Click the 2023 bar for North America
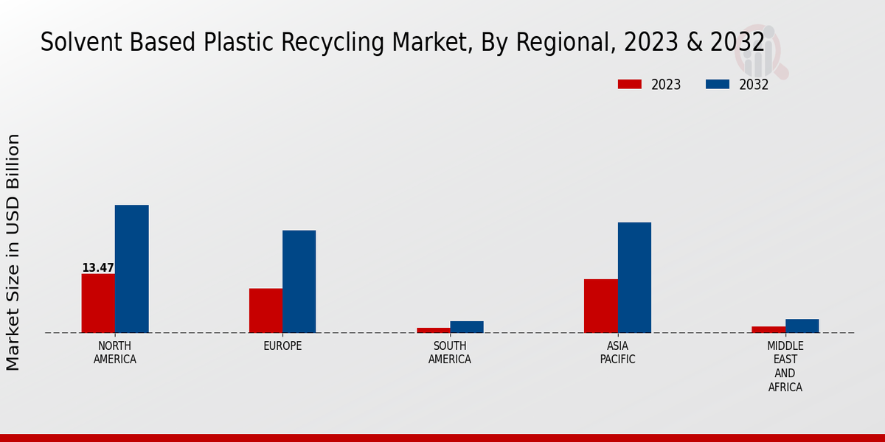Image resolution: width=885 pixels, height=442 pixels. (98, 303)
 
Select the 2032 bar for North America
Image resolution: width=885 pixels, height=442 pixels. (131, 269)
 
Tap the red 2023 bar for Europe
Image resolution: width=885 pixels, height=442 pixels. (265, 310)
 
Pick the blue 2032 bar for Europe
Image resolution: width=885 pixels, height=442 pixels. (299, 281)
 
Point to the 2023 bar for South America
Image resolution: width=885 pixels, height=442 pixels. (433, 330)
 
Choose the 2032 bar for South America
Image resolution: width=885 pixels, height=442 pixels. (467, 327)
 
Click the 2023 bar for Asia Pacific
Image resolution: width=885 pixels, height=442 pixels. (600, 306)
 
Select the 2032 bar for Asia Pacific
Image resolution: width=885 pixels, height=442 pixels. (634, 277)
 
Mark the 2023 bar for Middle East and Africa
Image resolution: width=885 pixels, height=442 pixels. (768, 329)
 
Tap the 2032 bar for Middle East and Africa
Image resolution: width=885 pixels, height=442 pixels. (802, 326)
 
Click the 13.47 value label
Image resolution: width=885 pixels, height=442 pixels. (98, 268)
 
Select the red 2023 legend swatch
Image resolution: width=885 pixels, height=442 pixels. (629, 85)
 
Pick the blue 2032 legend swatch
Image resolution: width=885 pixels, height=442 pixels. (717, 85)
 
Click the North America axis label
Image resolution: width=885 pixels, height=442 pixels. (115, 353)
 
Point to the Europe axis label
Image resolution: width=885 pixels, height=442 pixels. (282, 346)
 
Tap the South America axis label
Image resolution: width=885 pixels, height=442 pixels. (450, 353)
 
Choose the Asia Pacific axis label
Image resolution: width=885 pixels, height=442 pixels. (617, 353)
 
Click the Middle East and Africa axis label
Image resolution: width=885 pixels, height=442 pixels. (785, 366)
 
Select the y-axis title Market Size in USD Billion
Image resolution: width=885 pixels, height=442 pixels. (13, 252)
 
